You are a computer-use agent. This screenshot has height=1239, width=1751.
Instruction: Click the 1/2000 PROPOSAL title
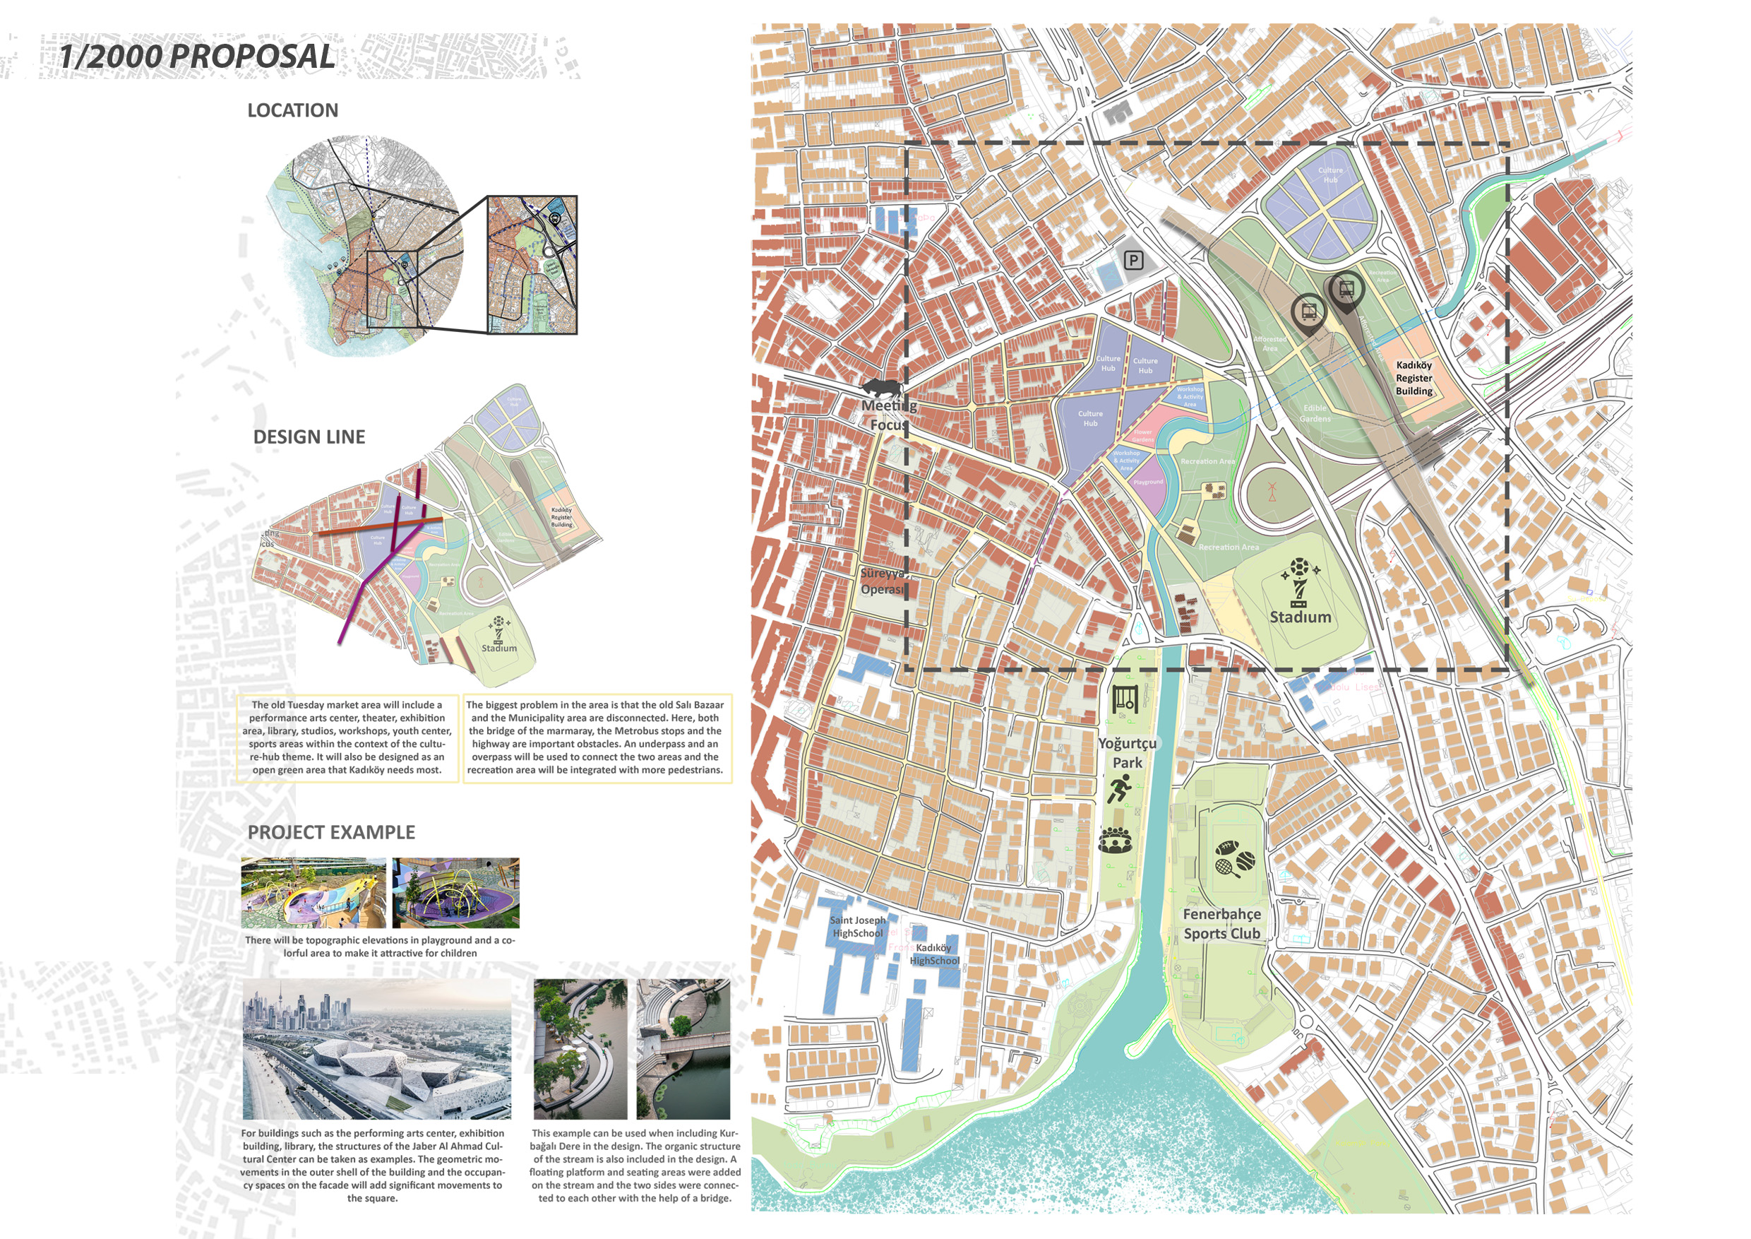pyautogui.click(x=197, y=57)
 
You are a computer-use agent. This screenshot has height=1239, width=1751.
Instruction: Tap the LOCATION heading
pyautogui.click(x=292, y=111)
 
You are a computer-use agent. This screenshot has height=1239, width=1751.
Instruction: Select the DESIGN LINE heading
pyautogui.click(x=309, y=437)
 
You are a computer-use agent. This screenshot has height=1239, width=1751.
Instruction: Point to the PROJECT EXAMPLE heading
pyautogui.click(x=331, y=832)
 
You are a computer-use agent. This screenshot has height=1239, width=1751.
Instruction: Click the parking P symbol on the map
pyautogui.click(x=1134, y=261)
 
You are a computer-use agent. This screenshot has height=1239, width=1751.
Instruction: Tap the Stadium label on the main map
pyautogui.click(x=1300, y=617)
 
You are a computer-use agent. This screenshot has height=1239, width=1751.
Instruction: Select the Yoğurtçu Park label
pyautogui.click(x=1127, y=752)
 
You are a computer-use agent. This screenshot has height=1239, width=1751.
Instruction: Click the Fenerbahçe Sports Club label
pyautogui.click(x=1221, y=923)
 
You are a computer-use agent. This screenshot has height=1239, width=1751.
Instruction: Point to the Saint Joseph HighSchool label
pyautogui.click(x=858, y=926)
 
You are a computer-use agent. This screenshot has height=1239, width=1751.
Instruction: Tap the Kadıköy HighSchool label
pyautogui.click(x=934, y=954)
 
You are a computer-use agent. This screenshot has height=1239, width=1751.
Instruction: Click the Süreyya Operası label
pyautogui.click(x=883, y=581)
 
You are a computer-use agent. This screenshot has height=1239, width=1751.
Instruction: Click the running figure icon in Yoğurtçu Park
pyautogui.click(x=1120, y=788)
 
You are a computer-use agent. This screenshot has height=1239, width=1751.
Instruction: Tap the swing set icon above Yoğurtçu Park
pyautogui.click(x=1125, y=698)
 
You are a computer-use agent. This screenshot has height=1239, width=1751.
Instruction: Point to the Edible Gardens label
pyautogui.click(x=1315, y=413)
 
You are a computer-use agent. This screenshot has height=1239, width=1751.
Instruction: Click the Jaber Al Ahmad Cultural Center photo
pyautogui.click(x=377, y=1049)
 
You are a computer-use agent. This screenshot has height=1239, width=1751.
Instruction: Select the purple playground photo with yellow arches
pyautogui.click(x=455, y=892)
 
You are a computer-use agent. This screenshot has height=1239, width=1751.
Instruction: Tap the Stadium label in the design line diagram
pyautogui.click(x=498, y=648)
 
